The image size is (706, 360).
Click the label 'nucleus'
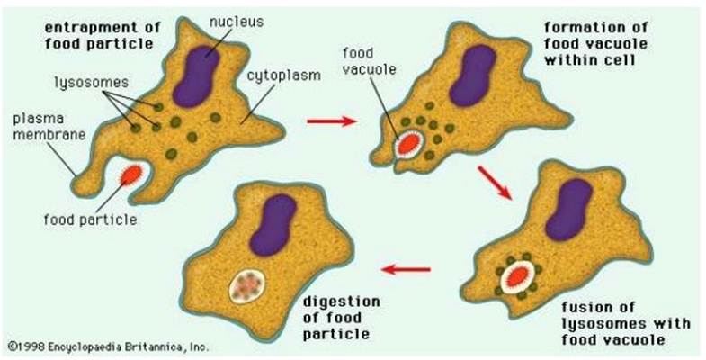(237, 22)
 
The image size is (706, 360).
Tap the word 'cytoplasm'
(283, 75)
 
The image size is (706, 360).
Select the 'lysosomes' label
(92, 83)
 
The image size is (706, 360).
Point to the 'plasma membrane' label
(49, 127)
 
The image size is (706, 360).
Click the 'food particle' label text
(90, 220)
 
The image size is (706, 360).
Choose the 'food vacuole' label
(370, 61)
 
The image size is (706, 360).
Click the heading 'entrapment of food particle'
(103, 35)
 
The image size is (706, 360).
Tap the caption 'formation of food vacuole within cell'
(595, 44)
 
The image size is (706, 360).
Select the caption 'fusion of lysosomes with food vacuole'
(625, 323)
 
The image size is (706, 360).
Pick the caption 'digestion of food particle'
(341, 317)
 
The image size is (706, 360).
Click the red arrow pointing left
(406, 270)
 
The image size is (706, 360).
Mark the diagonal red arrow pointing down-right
(495, 183)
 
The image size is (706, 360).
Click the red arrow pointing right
(331, 121)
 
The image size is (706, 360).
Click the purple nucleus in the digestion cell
(273, 224)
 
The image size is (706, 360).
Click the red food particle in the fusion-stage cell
(517, 275)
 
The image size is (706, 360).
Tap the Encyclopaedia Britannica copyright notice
(109, 346)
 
